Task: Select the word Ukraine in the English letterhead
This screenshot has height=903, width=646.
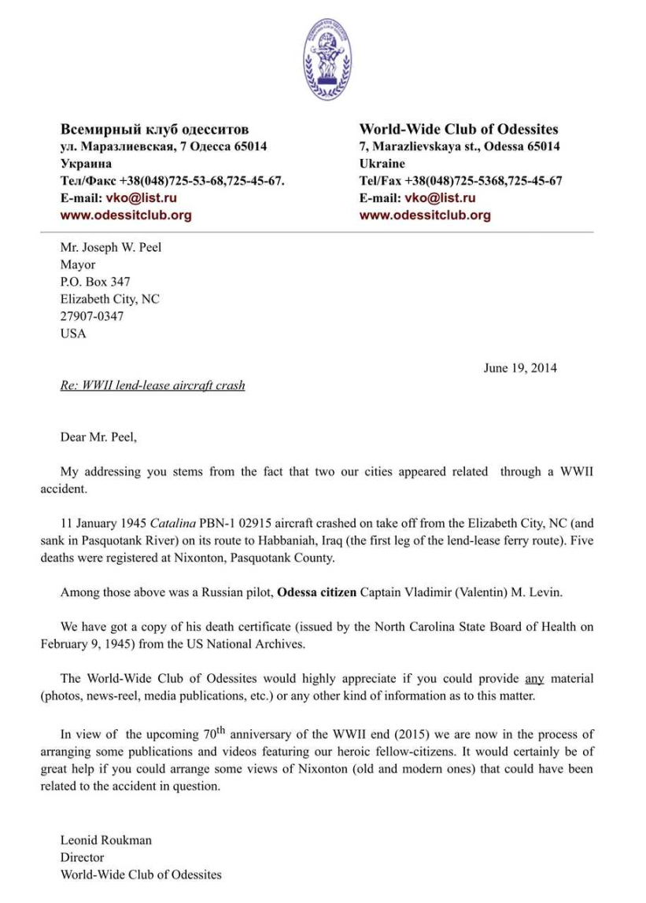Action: pyautogui.click(x=382, y=164)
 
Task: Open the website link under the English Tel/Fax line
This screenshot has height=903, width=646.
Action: pyautogui.click(x=425, y=215)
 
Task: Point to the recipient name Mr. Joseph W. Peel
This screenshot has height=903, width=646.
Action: pyautogui.click(x=110, y=247)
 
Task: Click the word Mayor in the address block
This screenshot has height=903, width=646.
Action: pyautogui.click(x=78, y=264)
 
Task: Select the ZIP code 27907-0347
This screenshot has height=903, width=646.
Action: pyautogui.click(x=91, y=316)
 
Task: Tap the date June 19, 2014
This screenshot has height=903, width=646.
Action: pyautogui.click(x=520, y=367)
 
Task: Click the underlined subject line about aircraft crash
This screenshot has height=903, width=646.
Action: pyautogui.click(x=153, y=385)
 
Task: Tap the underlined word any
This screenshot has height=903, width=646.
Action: pyautogui.click(x=534, y=678)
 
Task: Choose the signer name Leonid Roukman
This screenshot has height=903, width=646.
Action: pyautogui.click(x=106, y=840)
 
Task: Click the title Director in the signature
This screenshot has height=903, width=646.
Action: pyautogui.click(x=82, y=857)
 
